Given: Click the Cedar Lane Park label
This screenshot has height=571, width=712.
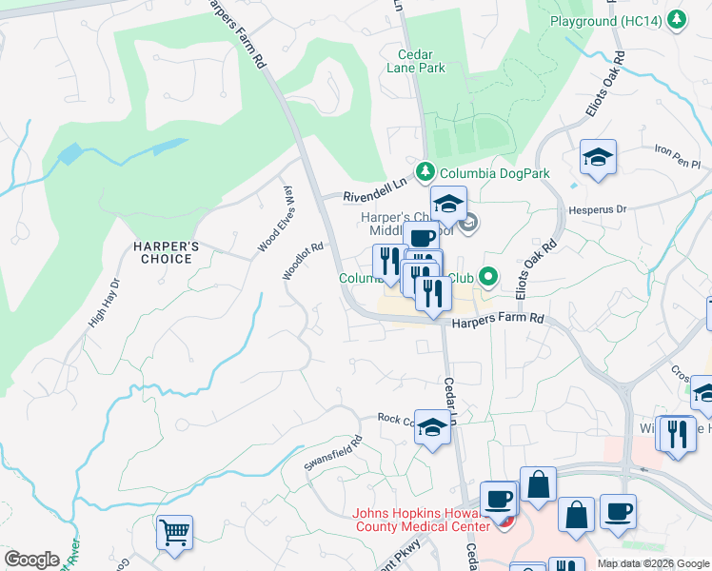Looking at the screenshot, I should click(416, 61).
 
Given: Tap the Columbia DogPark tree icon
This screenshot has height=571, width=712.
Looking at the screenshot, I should click(426, 171).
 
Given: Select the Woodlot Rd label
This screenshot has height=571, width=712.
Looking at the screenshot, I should click(304, 261).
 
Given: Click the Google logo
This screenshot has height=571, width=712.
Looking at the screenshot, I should click(31, 560).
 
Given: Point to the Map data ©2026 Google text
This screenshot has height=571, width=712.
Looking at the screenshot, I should click(652, 563).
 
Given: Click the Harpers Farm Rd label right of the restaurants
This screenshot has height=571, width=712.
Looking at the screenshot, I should click(497, 322).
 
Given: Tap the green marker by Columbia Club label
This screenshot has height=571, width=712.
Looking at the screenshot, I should click(488, 278).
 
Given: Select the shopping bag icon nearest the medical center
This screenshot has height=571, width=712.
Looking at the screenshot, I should click(539, 482).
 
